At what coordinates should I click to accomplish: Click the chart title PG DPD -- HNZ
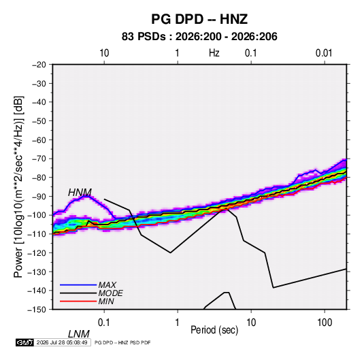pos(199,19)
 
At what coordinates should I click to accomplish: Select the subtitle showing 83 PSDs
pos(199,37)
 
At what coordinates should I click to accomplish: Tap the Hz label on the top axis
pos(214,53)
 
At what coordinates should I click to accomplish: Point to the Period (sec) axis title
pos(214,329)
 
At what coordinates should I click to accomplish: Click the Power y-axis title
pos(18,186)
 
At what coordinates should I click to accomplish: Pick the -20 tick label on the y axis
pos(39,65)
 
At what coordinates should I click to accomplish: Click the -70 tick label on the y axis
pos(39,159)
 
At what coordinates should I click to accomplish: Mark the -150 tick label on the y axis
pos(37,310)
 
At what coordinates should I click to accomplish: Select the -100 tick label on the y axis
pos(37,215)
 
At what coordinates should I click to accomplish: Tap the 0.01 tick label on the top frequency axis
pos(324,53)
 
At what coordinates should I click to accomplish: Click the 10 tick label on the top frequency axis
pos(104,53)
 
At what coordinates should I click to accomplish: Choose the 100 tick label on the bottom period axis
pos(325,323)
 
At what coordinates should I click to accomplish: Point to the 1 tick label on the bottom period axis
pos(178,323)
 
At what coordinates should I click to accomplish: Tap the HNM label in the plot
pos(80,193)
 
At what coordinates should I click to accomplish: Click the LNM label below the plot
pos(79,334)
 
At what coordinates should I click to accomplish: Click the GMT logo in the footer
pos(24,342)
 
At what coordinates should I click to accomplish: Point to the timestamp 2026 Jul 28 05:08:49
pos(62,342)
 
